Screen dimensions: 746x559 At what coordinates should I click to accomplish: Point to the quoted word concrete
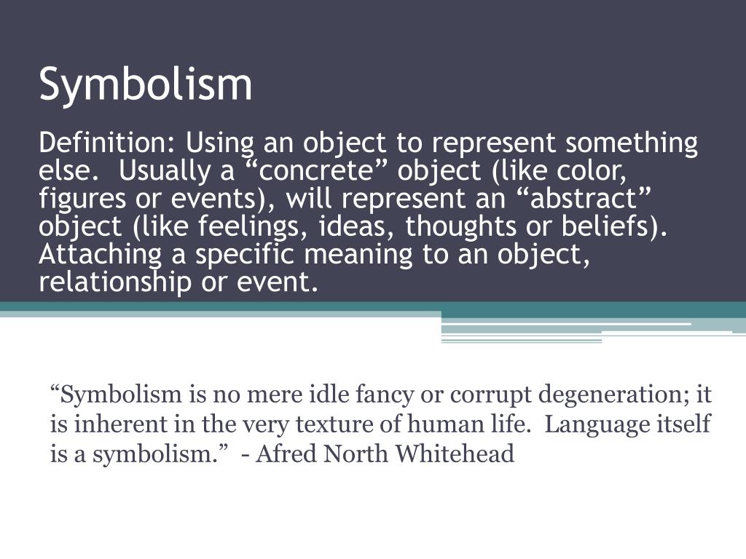coord(315,171)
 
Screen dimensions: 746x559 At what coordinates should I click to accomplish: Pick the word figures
coord(82,199)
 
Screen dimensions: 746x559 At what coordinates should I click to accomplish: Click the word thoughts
coord(460,226)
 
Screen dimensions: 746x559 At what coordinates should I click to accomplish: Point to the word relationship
coord(114,282)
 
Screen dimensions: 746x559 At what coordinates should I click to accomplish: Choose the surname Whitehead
coord(455,453)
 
